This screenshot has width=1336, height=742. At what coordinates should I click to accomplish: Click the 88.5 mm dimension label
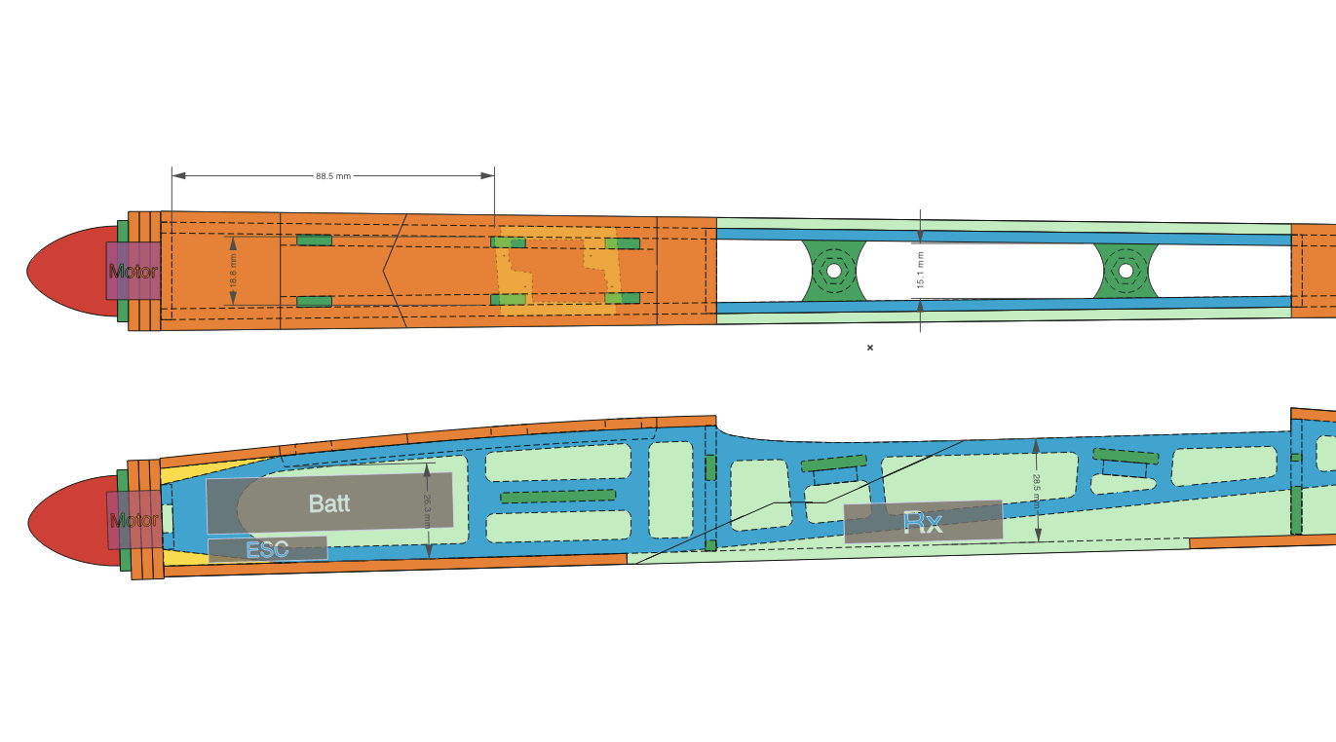(x=333, y=176)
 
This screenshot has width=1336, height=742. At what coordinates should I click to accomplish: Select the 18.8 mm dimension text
(x=233, y=271)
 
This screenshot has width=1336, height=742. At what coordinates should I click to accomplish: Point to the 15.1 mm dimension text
(x=920, y=270)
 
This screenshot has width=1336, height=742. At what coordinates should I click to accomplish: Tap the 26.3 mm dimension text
(x=427, y=511)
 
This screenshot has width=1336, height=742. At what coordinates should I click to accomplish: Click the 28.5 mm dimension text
(x=1037, y=491)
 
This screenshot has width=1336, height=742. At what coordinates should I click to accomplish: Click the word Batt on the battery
(x=329, y=503)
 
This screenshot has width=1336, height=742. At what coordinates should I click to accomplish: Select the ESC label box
(x=268, y=549)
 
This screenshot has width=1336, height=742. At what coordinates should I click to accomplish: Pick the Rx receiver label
(x=923, y=523)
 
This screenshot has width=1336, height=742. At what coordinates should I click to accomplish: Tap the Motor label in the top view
(x=133, y=272)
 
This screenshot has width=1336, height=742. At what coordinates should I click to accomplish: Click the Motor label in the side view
(x=134, y=520)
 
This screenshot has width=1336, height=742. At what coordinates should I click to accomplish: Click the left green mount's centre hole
(x=834, y=271)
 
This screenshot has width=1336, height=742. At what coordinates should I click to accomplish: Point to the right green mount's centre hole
(x=1126, y=271)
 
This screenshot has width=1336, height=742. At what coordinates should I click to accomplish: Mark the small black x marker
(x=869, y=348)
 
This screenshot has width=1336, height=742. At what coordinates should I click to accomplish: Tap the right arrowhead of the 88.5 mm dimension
(x=487, y=176)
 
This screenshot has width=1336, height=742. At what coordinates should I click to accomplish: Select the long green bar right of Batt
(x=557, y=497)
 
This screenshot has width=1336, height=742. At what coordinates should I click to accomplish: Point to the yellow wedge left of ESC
(x=182, y=558)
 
